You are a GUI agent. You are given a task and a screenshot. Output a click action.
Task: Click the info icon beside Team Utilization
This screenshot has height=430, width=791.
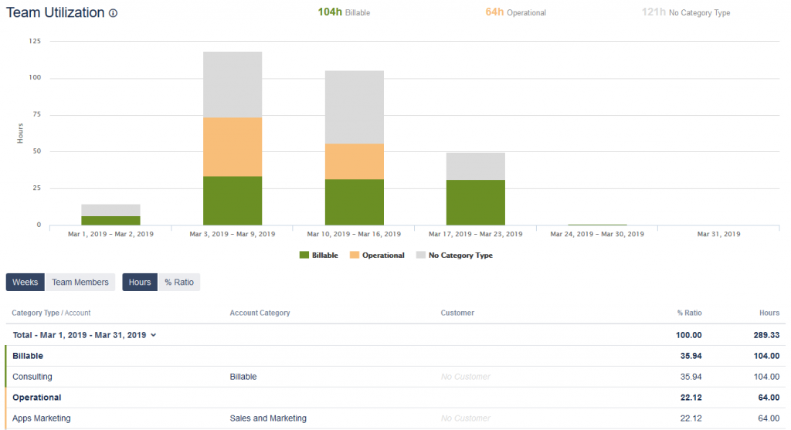click(114, 13)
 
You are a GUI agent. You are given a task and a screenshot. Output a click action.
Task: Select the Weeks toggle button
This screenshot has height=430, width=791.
click(25, 282)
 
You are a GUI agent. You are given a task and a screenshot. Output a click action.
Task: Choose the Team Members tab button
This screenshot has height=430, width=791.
click(80, 282)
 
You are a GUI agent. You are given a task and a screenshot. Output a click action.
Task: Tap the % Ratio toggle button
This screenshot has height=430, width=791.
click(179, 282)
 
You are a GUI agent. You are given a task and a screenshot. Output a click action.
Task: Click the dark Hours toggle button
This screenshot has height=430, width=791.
click(140, 282)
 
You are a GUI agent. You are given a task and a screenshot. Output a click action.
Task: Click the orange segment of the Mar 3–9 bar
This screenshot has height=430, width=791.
click(233, 147)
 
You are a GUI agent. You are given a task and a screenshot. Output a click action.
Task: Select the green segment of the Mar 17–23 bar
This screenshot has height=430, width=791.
click(476, 202)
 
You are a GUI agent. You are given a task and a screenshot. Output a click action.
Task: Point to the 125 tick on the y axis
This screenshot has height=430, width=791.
click(35, 41)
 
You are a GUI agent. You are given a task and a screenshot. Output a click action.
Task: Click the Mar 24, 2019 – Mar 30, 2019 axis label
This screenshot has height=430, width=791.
click(598, 233)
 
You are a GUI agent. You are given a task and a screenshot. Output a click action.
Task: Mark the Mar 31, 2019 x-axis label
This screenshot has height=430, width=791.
click(718, 233)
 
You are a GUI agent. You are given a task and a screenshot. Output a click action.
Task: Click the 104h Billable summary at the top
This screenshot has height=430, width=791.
click(344, 12)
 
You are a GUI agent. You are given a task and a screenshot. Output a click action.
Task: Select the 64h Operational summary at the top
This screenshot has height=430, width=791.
click(515, 12)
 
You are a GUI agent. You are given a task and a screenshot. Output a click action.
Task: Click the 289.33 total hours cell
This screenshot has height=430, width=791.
click(764, 335)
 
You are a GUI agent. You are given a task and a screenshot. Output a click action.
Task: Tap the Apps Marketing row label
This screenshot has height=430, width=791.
click(42, 418)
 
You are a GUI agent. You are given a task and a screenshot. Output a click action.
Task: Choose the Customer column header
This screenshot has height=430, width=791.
click(457, 313)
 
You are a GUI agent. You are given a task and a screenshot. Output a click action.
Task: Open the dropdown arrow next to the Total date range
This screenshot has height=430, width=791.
click(153, 335)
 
